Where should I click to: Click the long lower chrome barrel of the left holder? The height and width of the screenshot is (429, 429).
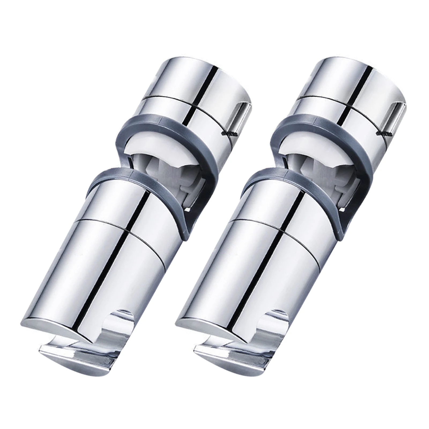click(x=107, y=268)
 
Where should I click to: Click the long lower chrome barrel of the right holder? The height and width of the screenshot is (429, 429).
click(x=263, y=268)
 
